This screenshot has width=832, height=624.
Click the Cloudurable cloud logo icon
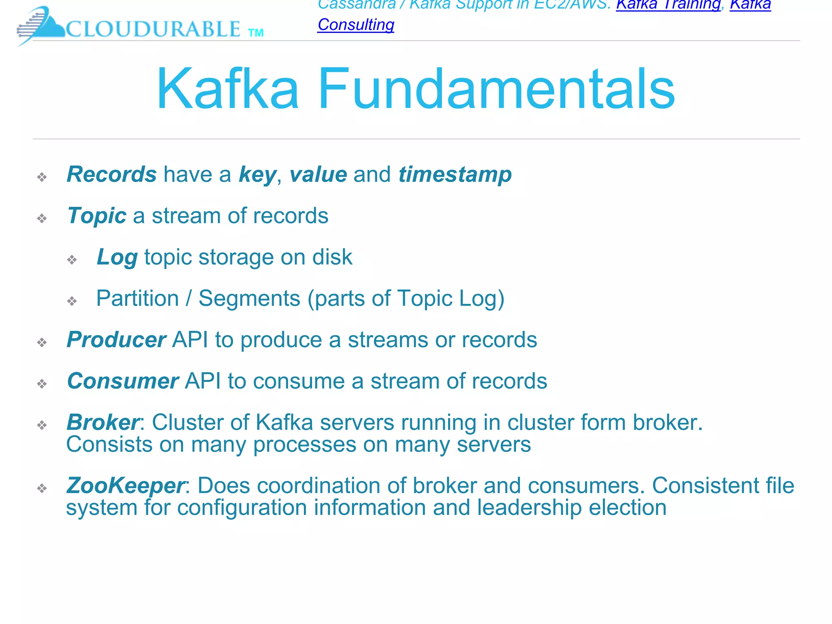(x=41, y=25)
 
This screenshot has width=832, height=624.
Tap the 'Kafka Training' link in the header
(x=668, y=5)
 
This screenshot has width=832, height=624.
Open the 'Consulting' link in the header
(x=356, y=25)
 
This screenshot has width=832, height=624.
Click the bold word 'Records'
(x=112, y=174)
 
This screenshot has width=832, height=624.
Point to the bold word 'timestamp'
(x=455, y=175)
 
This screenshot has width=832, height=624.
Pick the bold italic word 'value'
(x=318, y=174)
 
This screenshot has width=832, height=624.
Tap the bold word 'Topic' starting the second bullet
(x=97, y=216)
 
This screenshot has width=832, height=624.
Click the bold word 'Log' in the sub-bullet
(x=117, y=258)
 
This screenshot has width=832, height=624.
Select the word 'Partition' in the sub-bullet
(x=137, y=299)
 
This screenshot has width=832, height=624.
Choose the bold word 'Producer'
(x=116, y=340)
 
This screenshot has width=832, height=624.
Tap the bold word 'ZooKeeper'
(x=126, y=485)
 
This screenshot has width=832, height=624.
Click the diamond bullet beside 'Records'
(x=42, y=177)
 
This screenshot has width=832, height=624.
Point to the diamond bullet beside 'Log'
(x=72, y=260)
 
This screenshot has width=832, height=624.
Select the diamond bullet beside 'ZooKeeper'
(x=42, y=488)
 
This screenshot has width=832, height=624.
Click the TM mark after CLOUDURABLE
(x=256, y=33)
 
